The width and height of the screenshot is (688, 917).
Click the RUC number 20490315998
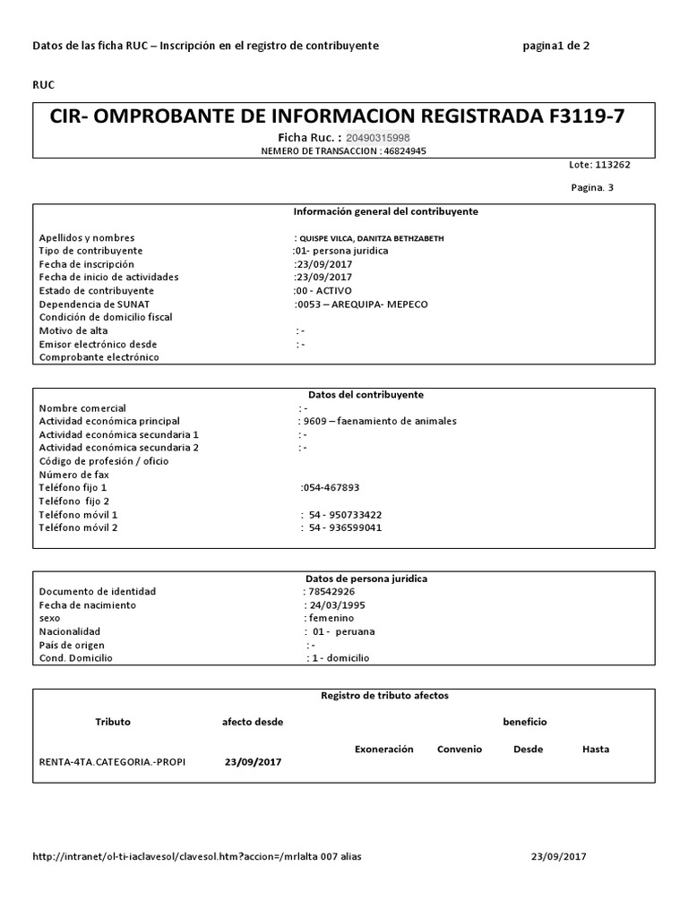(x=378, y=137)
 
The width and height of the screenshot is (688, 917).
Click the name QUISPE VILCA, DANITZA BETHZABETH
(x=369, y=238)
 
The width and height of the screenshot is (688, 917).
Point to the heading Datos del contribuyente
(x=365, y=394)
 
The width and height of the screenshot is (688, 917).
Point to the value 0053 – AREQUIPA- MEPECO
(x=362, y=304)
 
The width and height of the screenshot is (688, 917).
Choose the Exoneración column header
(x=384, y=749)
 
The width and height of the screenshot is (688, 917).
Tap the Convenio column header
(x=460, y=749)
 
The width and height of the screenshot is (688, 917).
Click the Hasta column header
(x=596, y=749)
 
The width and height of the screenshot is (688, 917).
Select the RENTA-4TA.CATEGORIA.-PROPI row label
(x=113, y=761)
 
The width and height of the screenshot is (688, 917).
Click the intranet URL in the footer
(x=197, y=856)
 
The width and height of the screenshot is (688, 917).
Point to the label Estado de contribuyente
(x=97, y=291)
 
